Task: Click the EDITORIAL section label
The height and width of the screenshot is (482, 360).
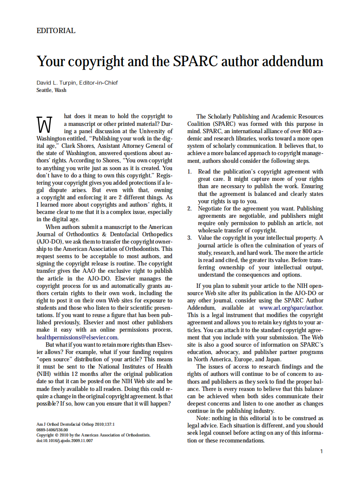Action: tap(56, 31)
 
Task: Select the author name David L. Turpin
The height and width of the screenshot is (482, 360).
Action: tap(58, 82)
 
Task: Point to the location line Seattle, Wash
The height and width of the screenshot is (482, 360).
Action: tap(52, 90)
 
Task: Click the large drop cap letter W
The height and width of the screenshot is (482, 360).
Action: tap(44, 124)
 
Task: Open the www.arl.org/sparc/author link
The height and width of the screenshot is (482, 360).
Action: tap(291, 308)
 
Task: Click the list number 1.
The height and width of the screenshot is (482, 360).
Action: tap(189, 171)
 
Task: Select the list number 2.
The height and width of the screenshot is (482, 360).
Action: tap(189, 208)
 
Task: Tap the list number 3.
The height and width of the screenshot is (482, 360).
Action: tap(189, 238)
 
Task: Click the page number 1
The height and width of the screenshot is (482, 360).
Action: tap(321, 451)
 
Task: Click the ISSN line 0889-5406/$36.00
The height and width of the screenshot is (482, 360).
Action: tap(52, 430)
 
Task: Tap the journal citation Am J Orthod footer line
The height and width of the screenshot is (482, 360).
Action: tap(75, 424)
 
